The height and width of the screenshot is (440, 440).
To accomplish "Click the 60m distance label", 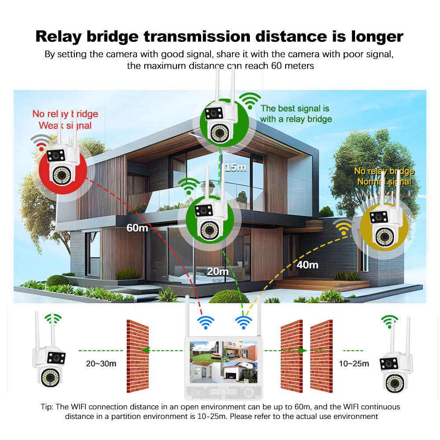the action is (x=137, y=228).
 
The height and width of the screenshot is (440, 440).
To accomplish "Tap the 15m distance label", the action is (x=235, y=168).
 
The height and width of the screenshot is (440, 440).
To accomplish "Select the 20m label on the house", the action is (x=218, y=271).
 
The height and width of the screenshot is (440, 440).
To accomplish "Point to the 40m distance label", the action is (x=308, y=265).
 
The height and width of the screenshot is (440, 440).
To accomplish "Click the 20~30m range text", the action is (x=101, y=364).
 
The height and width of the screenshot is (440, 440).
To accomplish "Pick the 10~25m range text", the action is (x=354, y=364).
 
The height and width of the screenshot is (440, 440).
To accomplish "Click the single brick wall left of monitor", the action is (x=137, y=356).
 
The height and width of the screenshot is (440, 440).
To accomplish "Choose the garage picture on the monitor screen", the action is (x=241, y=373).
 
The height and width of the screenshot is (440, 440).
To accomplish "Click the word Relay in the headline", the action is (x=59, y=37).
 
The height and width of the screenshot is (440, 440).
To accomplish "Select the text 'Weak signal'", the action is (x=65, y=125).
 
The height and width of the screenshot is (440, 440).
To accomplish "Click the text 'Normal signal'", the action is (x=384, y=182).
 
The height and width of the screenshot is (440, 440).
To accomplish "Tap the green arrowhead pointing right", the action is (x=302, y=351).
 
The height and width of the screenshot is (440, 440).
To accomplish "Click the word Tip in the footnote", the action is (x=46, y=407).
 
